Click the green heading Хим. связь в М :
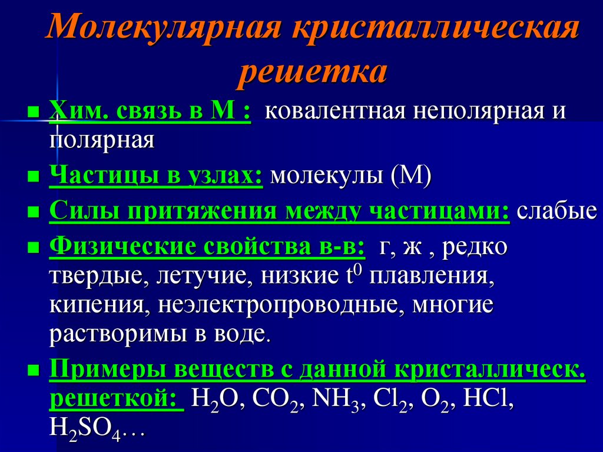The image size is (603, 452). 150,111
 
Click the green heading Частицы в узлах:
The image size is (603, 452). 156,176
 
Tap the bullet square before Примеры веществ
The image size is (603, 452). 34,371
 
